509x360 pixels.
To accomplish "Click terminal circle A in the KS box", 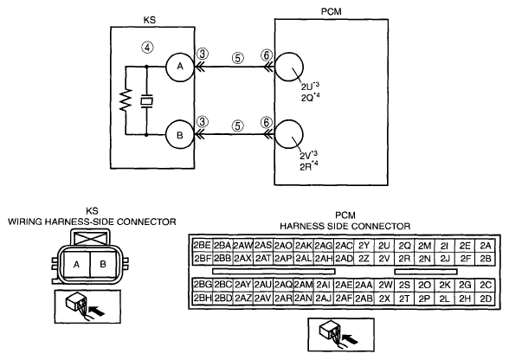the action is pyautogui.click(x=180, y=67).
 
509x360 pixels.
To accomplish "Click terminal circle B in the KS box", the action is pyautogui.click(x=180, y=135).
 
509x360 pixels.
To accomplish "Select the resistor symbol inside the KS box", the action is pyautogui.click(x=126, y=100).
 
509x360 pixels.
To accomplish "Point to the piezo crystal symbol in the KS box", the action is pyautogui.click(x=146, y=100).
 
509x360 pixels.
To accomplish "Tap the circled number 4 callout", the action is pyautogui.click(x=147, y=48).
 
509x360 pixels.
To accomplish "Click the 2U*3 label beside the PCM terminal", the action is pyautogui.click(x=310, y=87).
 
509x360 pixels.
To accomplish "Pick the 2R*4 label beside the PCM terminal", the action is pyautogui.click(x=309, y=166).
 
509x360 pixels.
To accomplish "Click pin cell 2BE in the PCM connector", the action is pyautogui.click(x=203, y=246).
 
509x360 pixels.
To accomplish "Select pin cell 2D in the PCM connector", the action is pyautogui.click(x=486, y=299).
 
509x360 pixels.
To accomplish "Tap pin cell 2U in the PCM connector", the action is pyautogui.click(x=384, y=246).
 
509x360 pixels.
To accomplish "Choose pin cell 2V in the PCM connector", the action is pyautogui.click(x=384, y=259).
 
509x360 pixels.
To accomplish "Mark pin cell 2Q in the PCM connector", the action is pyautogui.click(x=404, y=246).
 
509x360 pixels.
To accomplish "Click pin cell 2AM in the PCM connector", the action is pyautogui.click(x=304, y=285).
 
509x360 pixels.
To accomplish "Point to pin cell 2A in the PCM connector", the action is pyautogui.click(x=486, y=246).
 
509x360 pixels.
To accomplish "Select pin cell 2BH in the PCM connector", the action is pyautogui.click(x=203, y=299).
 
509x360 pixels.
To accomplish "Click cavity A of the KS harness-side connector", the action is pyautogui.click(x=76, y=264).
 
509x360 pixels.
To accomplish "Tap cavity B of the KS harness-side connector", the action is pyautogui.click(x=103, y=264).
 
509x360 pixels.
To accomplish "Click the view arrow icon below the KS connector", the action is pyautogui.click(x=87, y=306).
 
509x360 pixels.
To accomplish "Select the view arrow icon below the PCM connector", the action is pyautogui.click(x=341, y=335).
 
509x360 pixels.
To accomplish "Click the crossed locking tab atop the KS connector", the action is pyautogui.click(x=91, y=239).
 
